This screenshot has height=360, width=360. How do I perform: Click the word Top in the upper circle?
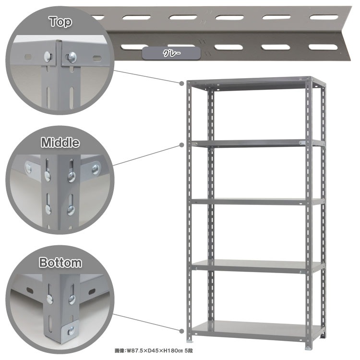point(60,22)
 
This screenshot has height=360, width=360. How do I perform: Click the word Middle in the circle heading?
point(60,143)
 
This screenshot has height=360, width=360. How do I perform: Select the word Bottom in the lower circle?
point(60,263)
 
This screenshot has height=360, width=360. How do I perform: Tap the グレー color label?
point(171,53)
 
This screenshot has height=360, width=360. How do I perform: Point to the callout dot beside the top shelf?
point(182,84)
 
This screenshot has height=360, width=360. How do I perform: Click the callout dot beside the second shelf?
point(182,145)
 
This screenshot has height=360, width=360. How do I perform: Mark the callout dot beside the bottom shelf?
point(182,331)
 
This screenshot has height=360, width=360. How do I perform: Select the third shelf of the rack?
point(257,202)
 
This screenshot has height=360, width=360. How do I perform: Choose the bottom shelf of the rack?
point(257,331)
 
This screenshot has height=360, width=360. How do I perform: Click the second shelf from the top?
point(257,143)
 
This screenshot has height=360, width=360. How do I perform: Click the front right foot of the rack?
point(308,348)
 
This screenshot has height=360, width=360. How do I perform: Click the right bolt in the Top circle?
point(72,57)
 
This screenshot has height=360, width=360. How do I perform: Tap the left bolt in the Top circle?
point(47,57)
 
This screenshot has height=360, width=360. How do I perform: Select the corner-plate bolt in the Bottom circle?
point(72,330)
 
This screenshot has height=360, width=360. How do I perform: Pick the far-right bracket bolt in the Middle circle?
point(96,169)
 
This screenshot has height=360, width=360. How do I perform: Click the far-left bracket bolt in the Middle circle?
point(29,168)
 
